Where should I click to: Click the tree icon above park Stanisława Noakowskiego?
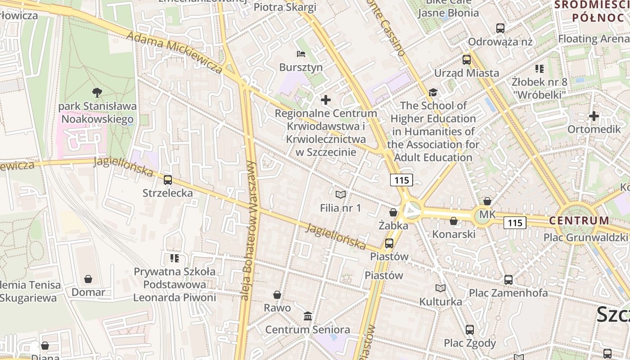(x=97, y=93)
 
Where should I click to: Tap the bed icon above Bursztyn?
(x=301, y=54)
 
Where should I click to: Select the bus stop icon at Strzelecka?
(x=168, y=180)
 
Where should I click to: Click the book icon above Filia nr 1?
(x=341, y=194)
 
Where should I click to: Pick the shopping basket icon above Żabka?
(x=393, y=212)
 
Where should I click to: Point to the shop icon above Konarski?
(x=454, y=221)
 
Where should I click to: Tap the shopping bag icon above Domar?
(x=88, y=279)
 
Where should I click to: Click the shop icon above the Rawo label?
(x=277, y=295)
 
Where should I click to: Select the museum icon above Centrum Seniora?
(x=308, y=316)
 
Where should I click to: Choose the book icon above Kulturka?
(x=441, y=288)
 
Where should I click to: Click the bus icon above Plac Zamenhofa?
(x=508, y=279)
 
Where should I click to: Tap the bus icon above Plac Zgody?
(x=470, y=329)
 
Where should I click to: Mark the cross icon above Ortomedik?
(x=594, y=116)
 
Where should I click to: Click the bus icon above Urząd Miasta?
(x=467, y=59)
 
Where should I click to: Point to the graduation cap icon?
(x=433, y=92)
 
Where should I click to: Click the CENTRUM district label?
(x=579, y=221)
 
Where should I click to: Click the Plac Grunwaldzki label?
(x=585, y=237)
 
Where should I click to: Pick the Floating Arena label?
(x=594, y=39)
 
